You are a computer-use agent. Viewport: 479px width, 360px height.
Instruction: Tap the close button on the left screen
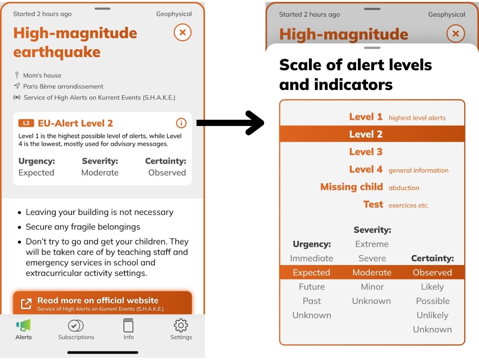click(x=183, y=33)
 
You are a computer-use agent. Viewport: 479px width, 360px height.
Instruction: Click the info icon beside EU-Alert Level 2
click(x=181, y=123)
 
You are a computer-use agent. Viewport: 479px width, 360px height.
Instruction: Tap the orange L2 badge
click(x=26, y=123)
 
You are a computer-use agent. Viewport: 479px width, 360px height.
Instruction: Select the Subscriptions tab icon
click(x=76, y=326)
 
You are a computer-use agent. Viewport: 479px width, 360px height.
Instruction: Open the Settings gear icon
click(x=181, y=325)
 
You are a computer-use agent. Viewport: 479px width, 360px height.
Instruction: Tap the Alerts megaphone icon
click(x=23, y=325)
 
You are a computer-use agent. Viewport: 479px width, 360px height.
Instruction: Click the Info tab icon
click(x=128, y=325)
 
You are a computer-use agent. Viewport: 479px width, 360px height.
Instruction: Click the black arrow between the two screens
click(x=230, y=123)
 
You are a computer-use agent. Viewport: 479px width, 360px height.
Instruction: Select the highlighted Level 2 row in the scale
click(x=372, y=134)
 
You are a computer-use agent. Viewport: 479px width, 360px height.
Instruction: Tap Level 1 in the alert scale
click(x=366, y=117)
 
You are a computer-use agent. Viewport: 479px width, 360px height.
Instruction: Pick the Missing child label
click(x=351, y=187)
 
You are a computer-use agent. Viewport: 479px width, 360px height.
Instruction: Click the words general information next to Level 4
click(x=418, y=170)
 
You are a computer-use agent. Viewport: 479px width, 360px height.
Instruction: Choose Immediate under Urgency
click(x=312, y=259)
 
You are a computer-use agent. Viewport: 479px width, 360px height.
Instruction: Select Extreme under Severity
click(x=372, y=244)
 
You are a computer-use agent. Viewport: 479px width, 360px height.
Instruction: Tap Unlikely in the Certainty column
click(x=432, y=315)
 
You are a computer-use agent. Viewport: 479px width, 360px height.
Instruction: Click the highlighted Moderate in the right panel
click(x=372, y=273)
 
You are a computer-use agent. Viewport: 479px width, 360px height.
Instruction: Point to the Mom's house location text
click(x=42, y=75)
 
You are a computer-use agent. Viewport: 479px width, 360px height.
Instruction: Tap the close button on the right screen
click(x=456, y=34)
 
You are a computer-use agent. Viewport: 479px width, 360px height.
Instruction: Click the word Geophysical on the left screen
click(x=174, y=14)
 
